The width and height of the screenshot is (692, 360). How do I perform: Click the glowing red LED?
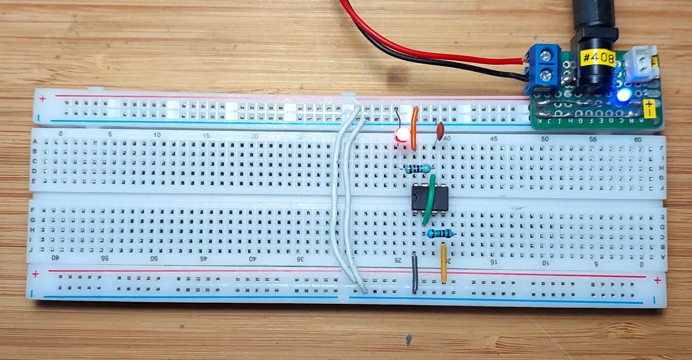pos(401,136)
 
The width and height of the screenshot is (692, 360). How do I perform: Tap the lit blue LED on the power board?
pos(624,96)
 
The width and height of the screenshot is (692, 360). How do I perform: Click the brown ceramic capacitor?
pos(441,130)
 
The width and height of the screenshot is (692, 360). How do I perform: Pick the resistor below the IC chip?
pos(440,234)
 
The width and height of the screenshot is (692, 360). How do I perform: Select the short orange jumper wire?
pos(414,128)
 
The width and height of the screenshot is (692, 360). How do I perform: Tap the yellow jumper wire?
pos(444,263)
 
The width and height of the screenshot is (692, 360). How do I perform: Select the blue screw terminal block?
pos(543,68)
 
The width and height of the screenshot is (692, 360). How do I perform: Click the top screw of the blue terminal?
pos(547,55)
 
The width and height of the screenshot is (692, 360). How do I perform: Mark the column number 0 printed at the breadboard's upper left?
pos(61,134)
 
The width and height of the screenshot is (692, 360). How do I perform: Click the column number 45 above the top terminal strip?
pos(494,139)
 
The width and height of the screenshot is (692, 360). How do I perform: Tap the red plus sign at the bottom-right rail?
pos(657,280)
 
